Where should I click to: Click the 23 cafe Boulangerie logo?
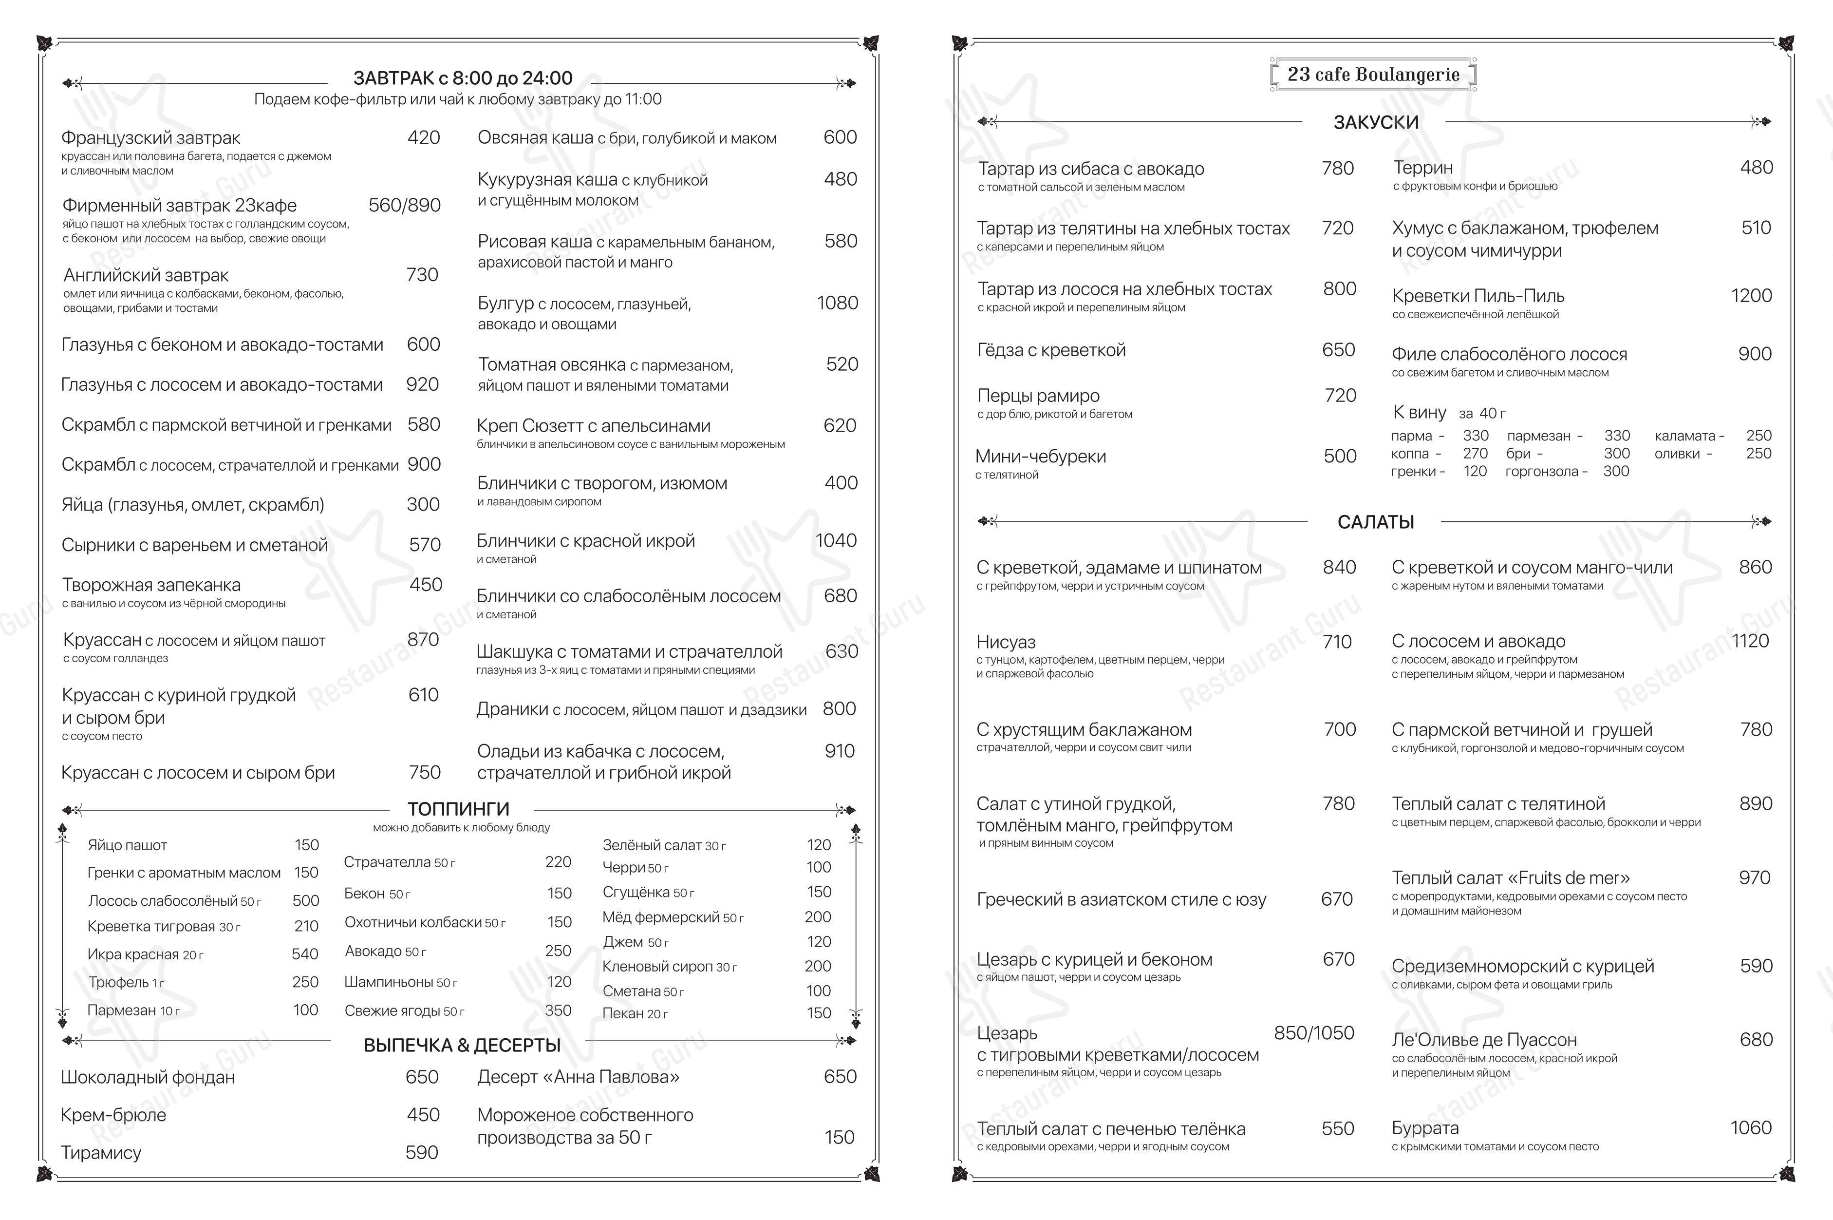click(1373, 75)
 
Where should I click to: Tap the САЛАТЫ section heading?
click(1375, 522)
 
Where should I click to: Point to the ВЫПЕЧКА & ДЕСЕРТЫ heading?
click(462, 1045)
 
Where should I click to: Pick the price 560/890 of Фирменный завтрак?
click(404, 206)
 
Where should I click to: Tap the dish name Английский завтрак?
click(146, 275)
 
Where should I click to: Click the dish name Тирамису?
click(101, 1152)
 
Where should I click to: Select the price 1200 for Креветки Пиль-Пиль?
click(1751, 296)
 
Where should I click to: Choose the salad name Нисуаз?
click(1006, 642)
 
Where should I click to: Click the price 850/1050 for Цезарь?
click(1313, 1033)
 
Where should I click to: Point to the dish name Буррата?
click(1425, 1128)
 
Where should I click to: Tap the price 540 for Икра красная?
click(305, 954)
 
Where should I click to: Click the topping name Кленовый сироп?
click(658, 966)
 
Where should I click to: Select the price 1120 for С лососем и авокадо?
click(1750, 641)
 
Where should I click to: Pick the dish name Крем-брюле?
click(113, 1115)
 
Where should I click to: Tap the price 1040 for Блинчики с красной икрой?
click(835, 541)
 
